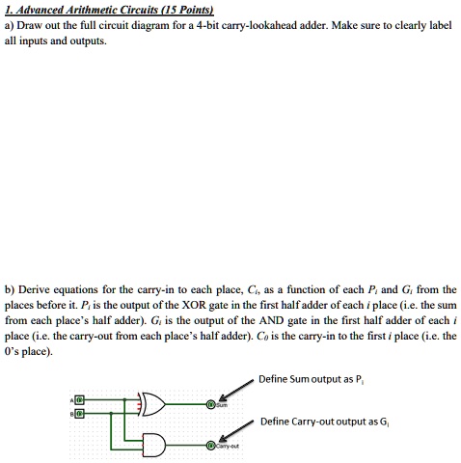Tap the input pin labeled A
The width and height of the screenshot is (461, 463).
point(80,398)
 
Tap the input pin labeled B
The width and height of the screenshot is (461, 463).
point(80,413)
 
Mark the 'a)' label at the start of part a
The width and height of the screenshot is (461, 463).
point(10,25)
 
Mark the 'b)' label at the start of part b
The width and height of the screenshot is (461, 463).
point(10,288)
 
